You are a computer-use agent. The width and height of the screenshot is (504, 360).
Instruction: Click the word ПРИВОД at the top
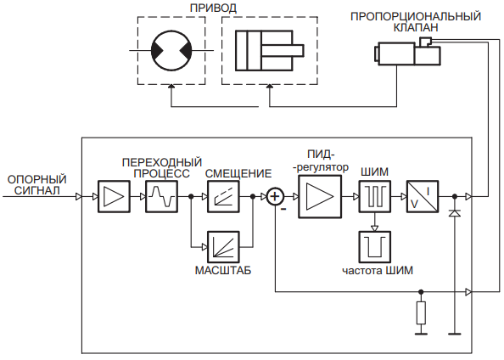tap(213, 8)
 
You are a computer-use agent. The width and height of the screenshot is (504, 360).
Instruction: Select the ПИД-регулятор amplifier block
tap(320, 197)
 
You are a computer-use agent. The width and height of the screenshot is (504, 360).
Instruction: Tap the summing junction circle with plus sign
tap(275, 196)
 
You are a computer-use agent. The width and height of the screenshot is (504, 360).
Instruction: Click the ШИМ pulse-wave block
tap(375, 196)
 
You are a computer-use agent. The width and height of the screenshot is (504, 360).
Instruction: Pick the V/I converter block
tap(423, 196)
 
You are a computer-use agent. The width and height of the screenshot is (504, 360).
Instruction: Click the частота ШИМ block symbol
tap(375, 247)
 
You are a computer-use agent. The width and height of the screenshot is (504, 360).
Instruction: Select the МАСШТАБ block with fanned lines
tap(223, 247)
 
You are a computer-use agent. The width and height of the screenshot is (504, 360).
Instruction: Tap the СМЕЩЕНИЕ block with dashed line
tap(223, 196)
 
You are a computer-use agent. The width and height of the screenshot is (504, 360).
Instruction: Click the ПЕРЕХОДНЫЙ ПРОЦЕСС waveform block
tap(162, 196)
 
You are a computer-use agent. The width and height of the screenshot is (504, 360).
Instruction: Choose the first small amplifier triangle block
tap(114, 196)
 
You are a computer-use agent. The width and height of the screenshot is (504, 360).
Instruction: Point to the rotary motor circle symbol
tap(171, 50)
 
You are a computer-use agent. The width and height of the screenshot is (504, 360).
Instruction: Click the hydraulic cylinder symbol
tap(269, 50)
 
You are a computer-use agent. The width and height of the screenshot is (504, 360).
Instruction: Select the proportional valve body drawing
tap(407, 52)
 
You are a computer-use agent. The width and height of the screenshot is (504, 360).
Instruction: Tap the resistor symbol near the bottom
tap(421, 312)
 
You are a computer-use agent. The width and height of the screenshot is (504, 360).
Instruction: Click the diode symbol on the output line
tap(455, 212)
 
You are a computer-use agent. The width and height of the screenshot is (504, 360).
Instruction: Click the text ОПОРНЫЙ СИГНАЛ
tap(37, 184)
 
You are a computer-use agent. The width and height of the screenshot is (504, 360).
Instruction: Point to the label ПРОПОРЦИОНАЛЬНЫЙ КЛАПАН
tap(416, 21)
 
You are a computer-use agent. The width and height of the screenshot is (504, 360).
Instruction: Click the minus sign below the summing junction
tap(283, 210)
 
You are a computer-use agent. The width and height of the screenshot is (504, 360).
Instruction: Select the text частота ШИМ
tap(378, 270)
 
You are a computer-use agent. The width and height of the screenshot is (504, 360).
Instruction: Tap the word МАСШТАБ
tap(223, 270)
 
